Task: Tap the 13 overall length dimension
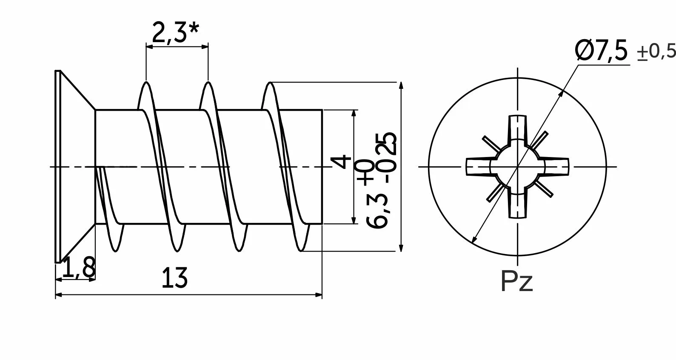pos(174,278)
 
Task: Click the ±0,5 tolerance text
pos(656,52)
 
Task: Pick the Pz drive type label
pos(517,281)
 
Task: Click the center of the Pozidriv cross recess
pos(517,166)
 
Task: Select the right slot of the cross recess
pos(557,166)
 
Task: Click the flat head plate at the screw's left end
pos(57,166)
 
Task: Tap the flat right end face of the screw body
pos(322,166)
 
